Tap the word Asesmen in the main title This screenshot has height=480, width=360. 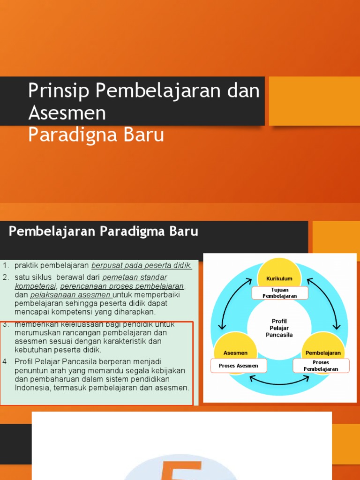67,113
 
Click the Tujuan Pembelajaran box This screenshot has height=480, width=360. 280,293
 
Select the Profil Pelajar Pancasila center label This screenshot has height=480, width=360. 279,328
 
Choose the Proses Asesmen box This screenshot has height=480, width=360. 238,366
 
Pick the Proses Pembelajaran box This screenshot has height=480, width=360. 321,366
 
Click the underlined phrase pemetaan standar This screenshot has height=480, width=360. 135,277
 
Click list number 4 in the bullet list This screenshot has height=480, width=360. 6,361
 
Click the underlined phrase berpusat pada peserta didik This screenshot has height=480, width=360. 142,266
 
